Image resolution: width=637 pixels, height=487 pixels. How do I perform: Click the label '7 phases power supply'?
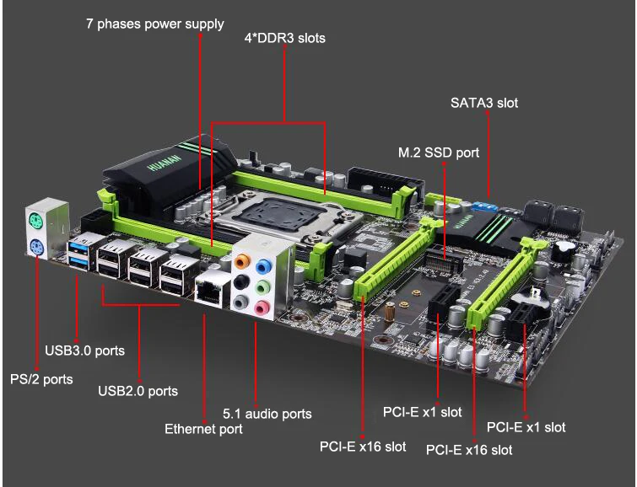pyautogui.click(x=154, y=24)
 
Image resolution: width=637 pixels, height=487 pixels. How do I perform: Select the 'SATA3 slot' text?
pyautogui.click(x=484, y=103)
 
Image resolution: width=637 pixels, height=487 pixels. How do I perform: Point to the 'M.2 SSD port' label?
pyautogui.click(x=439, y=153)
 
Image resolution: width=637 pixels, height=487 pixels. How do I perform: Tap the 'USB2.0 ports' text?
pyautogui.click(x=138, y=391)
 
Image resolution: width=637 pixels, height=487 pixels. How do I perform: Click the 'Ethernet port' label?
pyautogui.click(x=203, y=429)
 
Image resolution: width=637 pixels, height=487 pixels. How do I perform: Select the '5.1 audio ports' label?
pyautogui.click(x=267, y=414)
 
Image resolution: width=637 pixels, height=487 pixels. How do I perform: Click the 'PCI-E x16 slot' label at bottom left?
pyautogui.click(x=362, y=446)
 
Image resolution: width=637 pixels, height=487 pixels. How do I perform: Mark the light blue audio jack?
pyautogui.click(x=263, y=265)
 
